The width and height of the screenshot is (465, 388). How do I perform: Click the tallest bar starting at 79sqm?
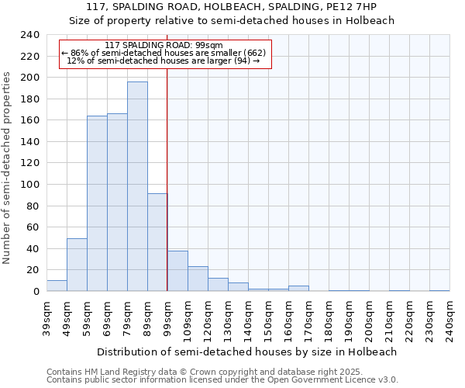point(137,186)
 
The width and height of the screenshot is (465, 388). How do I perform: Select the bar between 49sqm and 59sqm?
point(77,265)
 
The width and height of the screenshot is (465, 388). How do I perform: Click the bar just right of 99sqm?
point(177,271)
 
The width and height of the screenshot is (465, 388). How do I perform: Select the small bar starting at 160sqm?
point(298,289)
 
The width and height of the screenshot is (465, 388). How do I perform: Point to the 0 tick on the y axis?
point(36,291)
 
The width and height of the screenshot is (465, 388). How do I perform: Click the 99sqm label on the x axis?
point(167,318)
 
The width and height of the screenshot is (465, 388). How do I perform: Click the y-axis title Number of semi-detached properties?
point(7,168)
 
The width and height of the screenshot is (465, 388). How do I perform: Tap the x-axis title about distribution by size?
point(247,352)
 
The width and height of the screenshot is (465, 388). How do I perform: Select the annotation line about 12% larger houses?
point(163,61)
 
